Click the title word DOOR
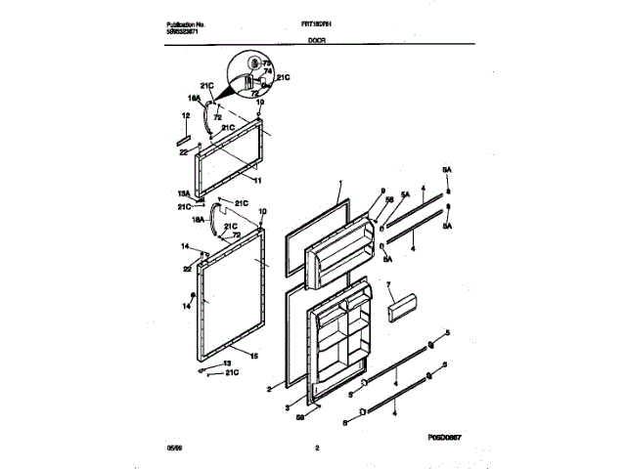317,43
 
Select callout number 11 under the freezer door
256,181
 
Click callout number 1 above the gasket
339,183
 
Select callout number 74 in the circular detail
268,70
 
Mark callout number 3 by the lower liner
288,406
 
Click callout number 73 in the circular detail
266,62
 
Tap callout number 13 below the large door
216,362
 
